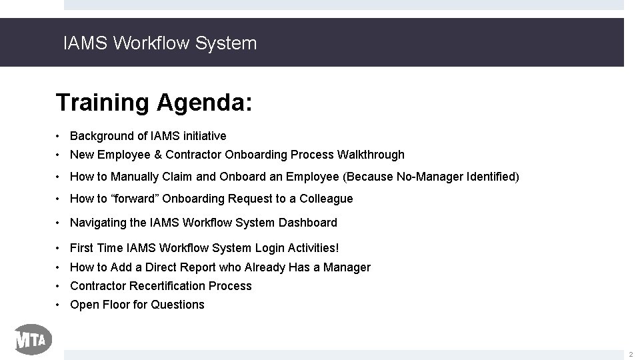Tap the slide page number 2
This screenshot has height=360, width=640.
point(631,353)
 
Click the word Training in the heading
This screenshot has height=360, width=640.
point(103,103)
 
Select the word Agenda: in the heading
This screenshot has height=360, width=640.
point(205,103)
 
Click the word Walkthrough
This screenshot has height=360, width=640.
point(371,155)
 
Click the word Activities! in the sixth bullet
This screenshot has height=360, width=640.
point(313,248)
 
